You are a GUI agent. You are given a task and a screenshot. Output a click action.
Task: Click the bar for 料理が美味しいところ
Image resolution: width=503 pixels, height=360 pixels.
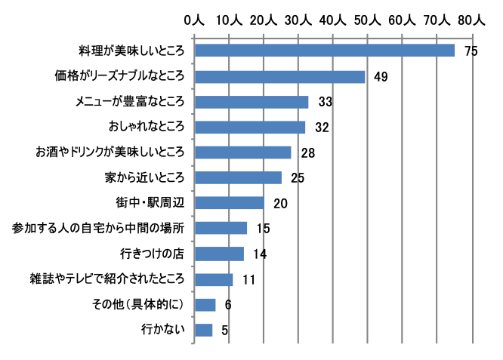(325, 51)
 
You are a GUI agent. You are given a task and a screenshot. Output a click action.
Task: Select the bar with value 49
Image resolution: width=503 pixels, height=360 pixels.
(279, 77)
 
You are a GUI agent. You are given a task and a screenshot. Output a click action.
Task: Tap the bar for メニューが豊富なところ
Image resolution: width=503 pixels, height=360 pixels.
(251, 102)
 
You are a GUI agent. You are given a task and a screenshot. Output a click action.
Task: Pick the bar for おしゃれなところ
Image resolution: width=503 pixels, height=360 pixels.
(250, 127)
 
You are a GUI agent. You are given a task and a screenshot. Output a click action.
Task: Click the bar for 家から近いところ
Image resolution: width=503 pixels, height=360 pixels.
(238, 177)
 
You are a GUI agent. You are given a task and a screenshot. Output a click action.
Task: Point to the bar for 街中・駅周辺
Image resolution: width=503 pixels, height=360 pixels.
(230, 203)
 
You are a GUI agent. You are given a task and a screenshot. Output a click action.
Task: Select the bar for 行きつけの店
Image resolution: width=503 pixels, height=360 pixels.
(219, 254)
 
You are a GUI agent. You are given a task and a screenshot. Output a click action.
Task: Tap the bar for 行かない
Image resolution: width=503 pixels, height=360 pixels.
(204, 330)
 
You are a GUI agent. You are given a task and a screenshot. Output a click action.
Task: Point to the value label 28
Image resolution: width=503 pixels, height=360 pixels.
(307, 153)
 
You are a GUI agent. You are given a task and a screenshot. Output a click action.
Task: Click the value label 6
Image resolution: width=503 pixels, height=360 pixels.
(229, 305)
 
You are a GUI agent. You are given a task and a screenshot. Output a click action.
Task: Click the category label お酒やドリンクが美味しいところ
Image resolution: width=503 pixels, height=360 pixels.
(110, 152)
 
